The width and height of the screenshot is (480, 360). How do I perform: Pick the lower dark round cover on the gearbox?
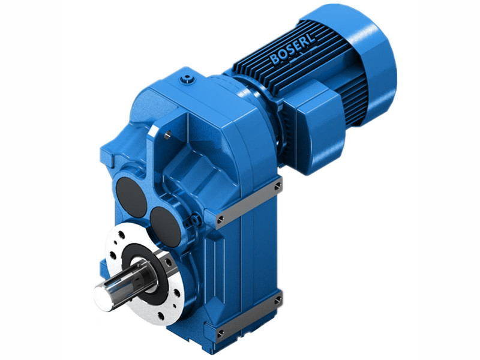point(164,224)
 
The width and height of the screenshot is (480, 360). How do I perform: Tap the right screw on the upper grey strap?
point(277,187)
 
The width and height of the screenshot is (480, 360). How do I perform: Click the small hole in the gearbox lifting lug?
point(167,134)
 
